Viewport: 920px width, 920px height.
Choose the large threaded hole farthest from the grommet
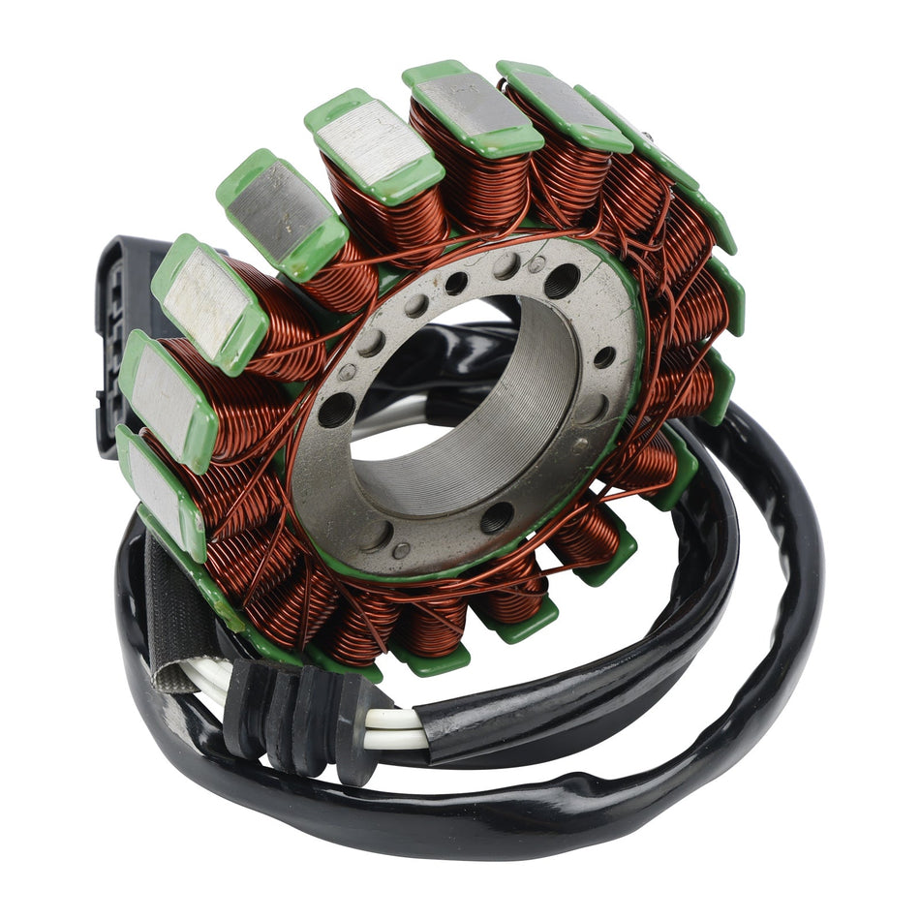tap(562, 281)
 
